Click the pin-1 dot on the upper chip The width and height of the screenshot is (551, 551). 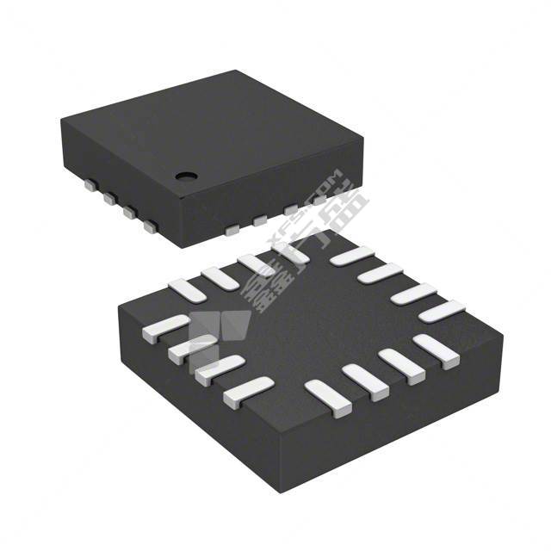click(x=184, y=176)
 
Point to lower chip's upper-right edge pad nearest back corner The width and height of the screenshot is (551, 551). click(x=352, y=256)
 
